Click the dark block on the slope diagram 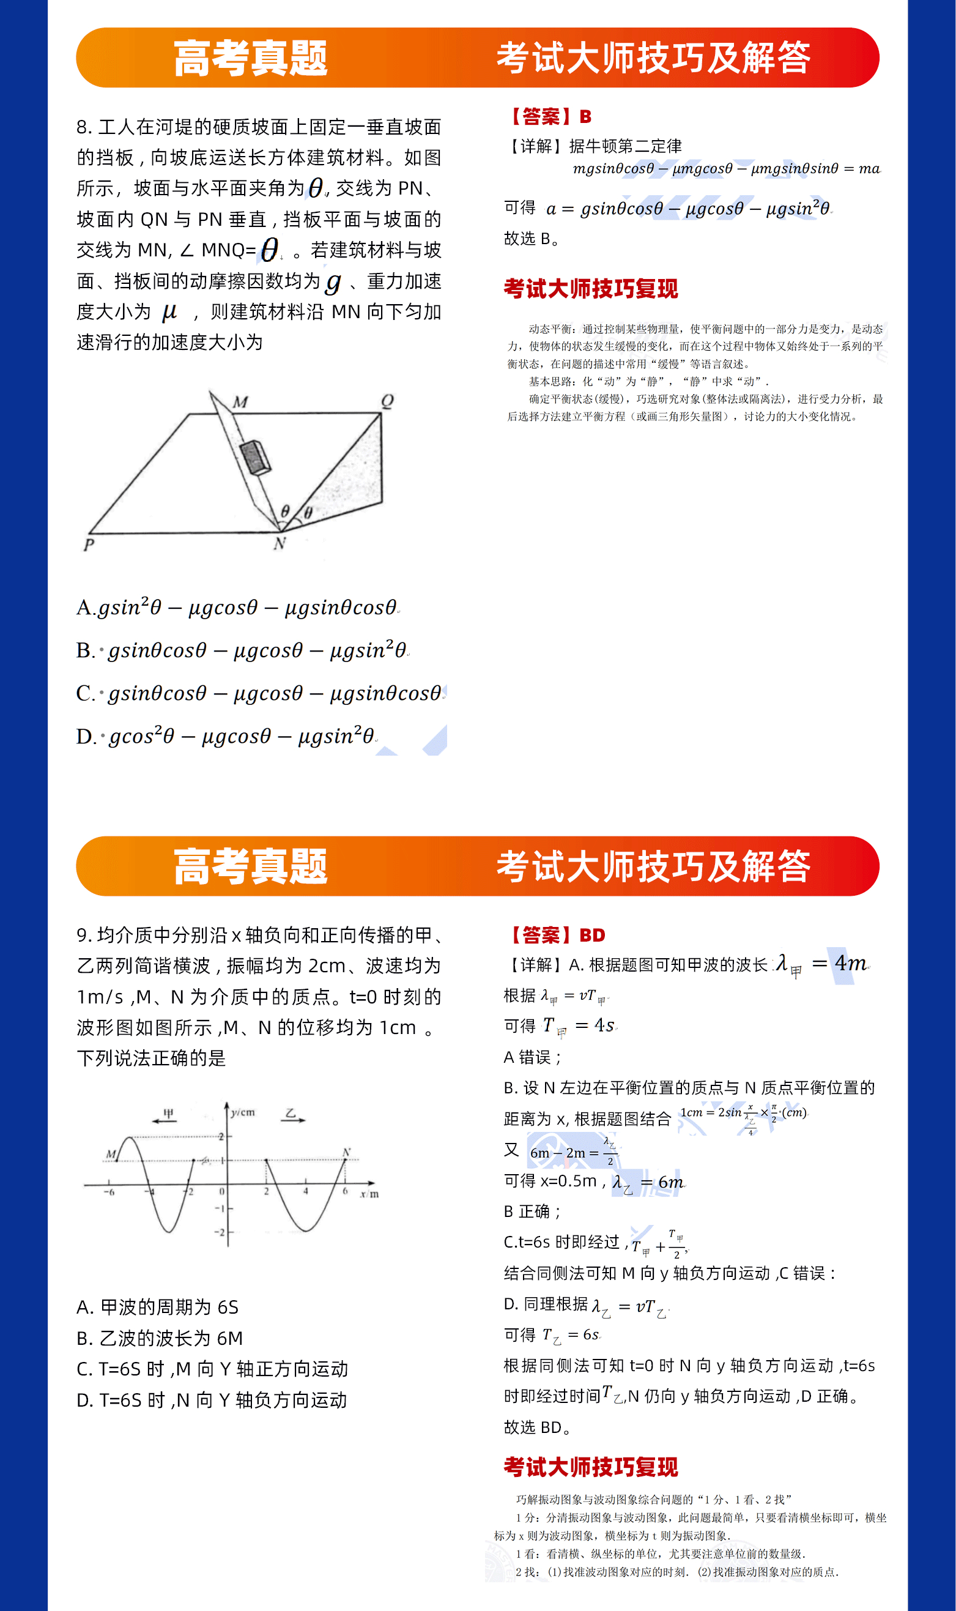(x=255, y=458)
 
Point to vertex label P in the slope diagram (x=89, y=545)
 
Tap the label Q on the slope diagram (x=387, y=401)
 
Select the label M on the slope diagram (x=240, y=402)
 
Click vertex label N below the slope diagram (x=279, y=543)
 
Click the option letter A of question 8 (x=84, y=608)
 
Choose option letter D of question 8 (x=84, y=736)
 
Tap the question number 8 (x=82, y=127)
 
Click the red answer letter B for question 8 (x=585, y=117)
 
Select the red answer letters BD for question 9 (x=592, y=935)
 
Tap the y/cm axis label (x=243, y=1112)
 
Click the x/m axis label (x=369, y=1194)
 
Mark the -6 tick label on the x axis (x=109, y=1192)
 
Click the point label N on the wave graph (x=347, y=1153)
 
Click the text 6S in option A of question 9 (x=228, y=1308)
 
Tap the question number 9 (x=82, y=935)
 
